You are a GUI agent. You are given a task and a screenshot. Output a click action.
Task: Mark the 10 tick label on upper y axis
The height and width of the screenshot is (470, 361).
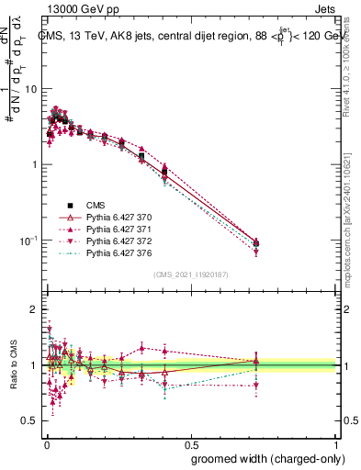tap(32, 89)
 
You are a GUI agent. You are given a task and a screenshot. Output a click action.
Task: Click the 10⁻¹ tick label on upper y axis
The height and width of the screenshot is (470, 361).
tap(29, 241)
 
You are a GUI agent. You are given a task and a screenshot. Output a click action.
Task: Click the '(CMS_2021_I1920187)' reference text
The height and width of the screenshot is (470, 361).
tap(192, 274)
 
